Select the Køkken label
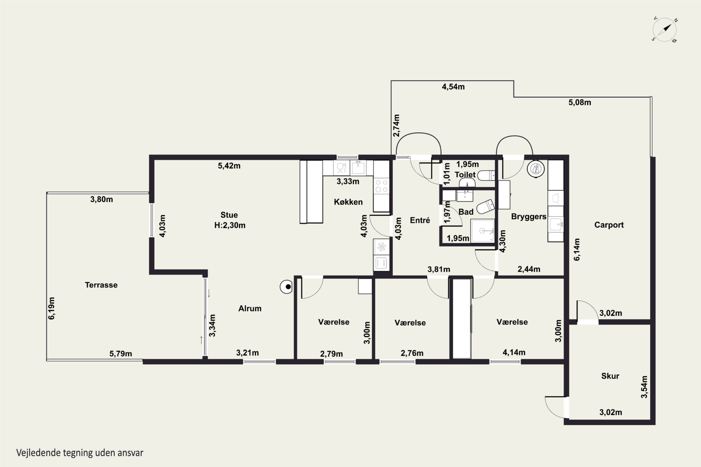pos(348,202)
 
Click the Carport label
pos(609,225)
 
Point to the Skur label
pos(610,376)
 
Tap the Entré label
pos(420,220)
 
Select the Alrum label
pos(250,308)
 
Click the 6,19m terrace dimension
pos(52,308)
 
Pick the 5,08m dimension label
pos(580,103)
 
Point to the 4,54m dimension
pos(453,87)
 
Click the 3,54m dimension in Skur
pos(644,387)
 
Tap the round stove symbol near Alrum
pos(286,287)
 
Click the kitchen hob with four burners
pos(382,186)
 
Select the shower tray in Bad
pos(483,231)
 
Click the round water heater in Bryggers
pos(536,169)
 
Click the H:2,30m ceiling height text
pos(230,225)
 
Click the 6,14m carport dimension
pos(577,249)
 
